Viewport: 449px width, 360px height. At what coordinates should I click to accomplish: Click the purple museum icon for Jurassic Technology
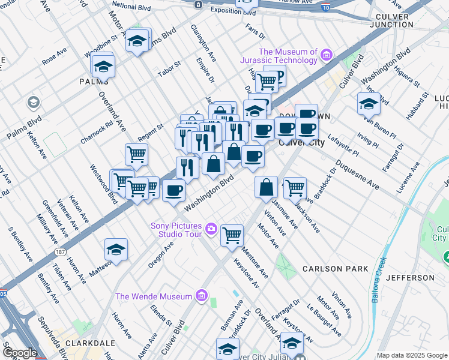pyautogui.click(x=327, y=56)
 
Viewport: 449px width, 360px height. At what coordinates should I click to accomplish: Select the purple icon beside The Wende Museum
pyautogui.click(x=201, y=296)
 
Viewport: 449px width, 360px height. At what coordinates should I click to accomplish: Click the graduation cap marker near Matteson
pyautogui.click(x=116, y=249)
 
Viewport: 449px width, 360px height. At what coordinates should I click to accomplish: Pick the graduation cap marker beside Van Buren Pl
pyautogui.click(x=369, y=103)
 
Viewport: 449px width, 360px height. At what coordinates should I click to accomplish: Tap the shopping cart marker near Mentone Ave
pyautogui.click(x=232, y=234)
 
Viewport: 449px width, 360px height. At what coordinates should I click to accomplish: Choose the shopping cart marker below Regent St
pyautogui.click(x=136, y=154)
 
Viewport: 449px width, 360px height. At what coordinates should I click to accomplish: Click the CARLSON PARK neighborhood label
pyautogui.click(x=335, y=269)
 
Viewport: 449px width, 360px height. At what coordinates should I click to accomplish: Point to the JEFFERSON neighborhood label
pyautogui.click(x=410, y=278)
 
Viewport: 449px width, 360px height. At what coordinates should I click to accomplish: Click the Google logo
pyautogui.click(x=20, y=352)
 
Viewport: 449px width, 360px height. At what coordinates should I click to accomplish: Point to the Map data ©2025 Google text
pyautogui.click(x=411, y=355)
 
